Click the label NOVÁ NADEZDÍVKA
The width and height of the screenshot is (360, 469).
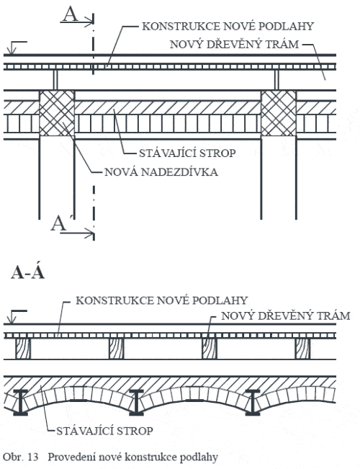point(161,172)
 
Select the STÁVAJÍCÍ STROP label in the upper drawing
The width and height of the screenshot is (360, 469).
point(187,153)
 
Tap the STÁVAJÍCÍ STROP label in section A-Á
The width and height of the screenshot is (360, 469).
point(104,431)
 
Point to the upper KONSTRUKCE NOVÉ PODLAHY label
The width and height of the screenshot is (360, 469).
point(228,27)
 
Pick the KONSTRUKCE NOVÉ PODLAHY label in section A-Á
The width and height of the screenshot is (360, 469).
point(162,300)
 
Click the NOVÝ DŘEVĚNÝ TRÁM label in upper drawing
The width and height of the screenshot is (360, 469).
point(235,44)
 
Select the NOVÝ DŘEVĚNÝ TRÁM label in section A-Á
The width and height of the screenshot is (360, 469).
point(286,316)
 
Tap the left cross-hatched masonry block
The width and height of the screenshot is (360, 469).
point(57,113)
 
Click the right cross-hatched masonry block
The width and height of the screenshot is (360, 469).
point(279,113)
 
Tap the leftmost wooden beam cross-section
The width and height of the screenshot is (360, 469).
point(23,349)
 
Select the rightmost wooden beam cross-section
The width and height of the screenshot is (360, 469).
point(302,349)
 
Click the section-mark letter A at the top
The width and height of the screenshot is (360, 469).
point(71,14)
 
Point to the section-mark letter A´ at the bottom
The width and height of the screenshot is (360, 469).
point(58,223)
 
